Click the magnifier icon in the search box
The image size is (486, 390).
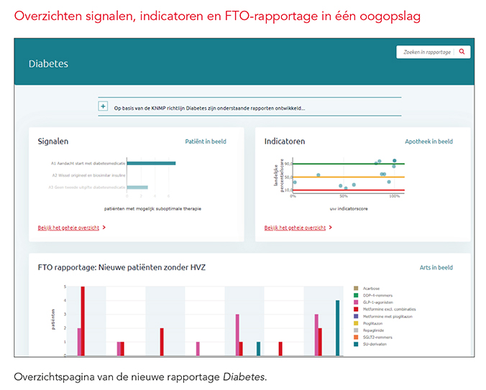[x=462, y=52]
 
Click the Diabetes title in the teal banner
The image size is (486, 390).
[x=48, y=64]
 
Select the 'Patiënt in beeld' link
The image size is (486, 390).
[x=206, y=141]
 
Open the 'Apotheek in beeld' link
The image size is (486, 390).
[x=428, y=141]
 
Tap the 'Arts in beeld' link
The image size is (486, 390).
[x=436, y=267]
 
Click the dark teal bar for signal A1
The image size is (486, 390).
[x=151, y=163]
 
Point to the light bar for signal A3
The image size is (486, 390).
[x=137, y=187]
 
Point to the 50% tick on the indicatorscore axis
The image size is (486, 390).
[x=344, y=195]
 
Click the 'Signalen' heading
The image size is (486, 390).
[x=53, y=141]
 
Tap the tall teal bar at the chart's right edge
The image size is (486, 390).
[x=337, y=328]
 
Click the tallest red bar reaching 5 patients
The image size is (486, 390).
[x=83, y=320]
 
